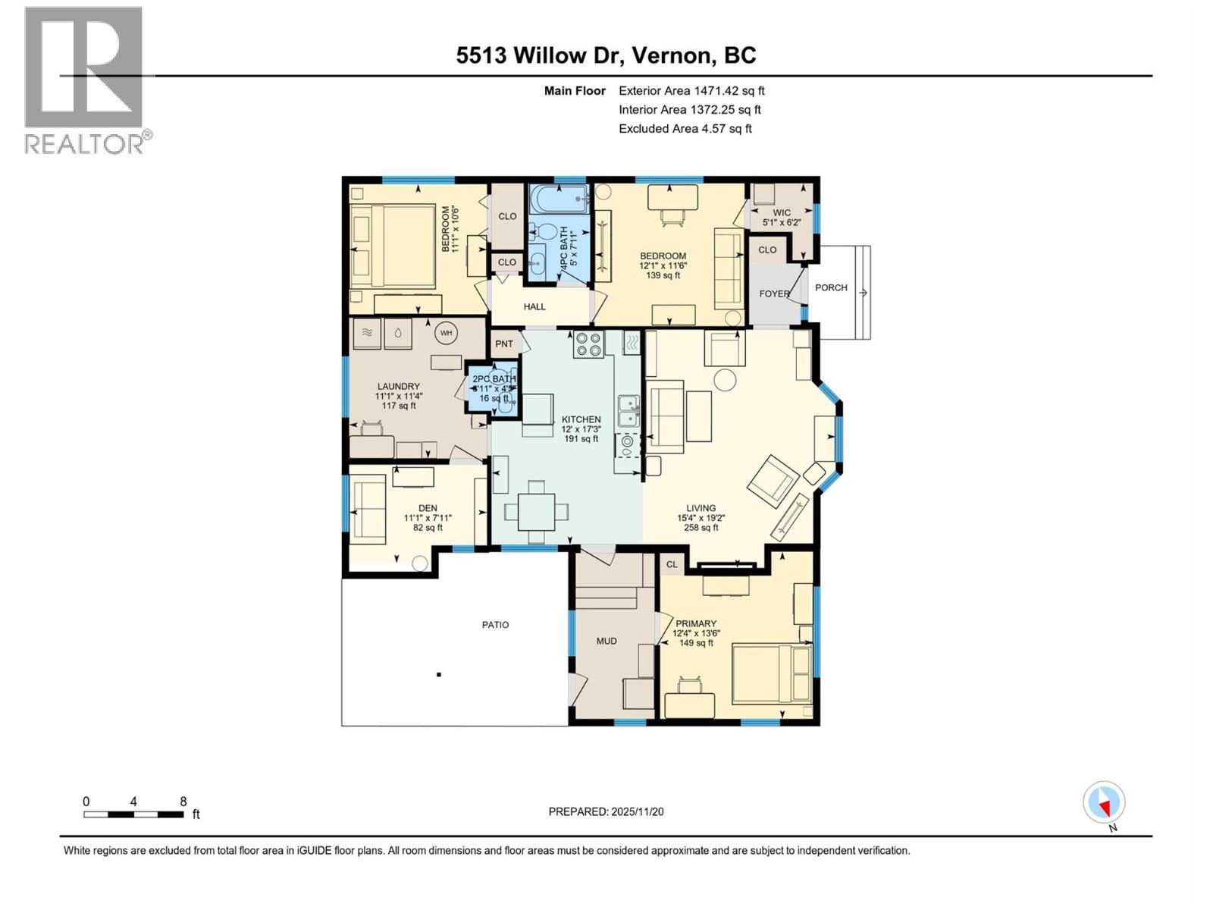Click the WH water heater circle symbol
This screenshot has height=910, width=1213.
coord(446,332)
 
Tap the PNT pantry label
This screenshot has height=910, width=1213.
coord(504,344)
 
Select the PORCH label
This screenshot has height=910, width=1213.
coord(831,287)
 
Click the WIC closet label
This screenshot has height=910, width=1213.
coord(782,213)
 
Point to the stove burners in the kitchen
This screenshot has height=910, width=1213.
coord(588,344)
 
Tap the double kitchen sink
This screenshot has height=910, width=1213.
coord(628,411)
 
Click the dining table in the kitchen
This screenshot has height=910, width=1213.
coord(536,512)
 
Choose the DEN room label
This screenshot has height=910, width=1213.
coord(428,508)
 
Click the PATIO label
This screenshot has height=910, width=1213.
coord(495,625)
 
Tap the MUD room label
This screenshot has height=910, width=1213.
coord(606,641)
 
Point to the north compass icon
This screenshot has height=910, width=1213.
coord(1105,803)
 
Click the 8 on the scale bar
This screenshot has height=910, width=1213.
coord(183,801)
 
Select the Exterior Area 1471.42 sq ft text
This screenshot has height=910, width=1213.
coord(691,90)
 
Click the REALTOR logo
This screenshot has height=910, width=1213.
coord(85,80)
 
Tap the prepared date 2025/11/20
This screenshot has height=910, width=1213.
coord(606,811)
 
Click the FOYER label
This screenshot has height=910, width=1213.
coord(773,293)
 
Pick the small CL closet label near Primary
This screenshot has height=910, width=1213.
coord(672,564)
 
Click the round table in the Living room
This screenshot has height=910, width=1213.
coord(726,379)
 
